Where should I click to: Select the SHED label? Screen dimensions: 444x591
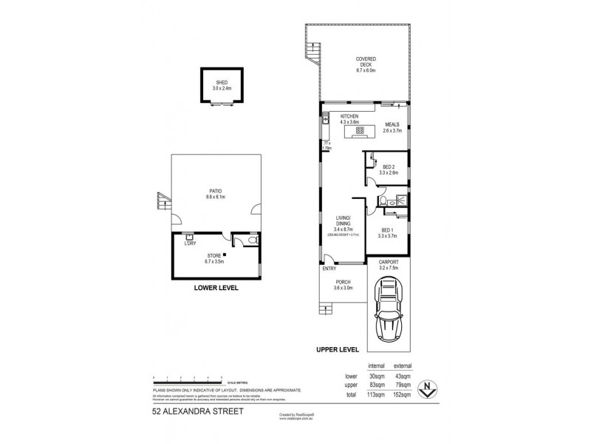coord(222,82)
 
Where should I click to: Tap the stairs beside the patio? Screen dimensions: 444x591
coord(160,200)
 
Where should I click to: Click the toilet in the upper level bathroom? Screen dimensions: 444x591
coord(383,200)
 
